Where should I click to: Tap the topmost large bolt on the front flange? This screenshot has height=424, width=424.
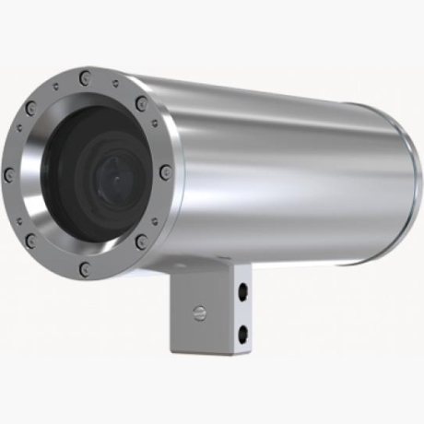coord(86,77)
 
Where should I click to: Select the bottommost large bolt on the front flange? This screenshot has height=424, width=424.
coord(85,269)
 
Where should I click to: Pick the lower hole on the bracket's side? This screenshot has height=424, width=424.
coord(243,329)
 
